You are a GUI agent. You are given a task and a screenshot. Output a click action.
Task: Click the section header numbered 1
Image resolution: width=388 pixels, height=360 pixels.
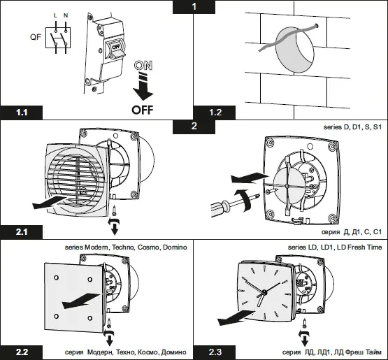(194, 6)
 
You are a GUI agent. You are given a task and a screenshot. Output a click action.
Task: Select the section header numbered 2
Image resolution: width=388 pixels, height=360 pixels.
(194, 127)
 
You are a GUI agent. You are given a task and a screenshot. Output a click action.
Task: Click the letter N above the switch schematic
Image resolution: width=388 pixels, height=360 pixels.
(66, 16)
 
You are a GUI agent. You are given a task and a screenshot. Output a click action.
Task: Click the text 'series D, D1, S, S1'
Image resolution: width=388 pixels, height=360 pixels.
(352, 129)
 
